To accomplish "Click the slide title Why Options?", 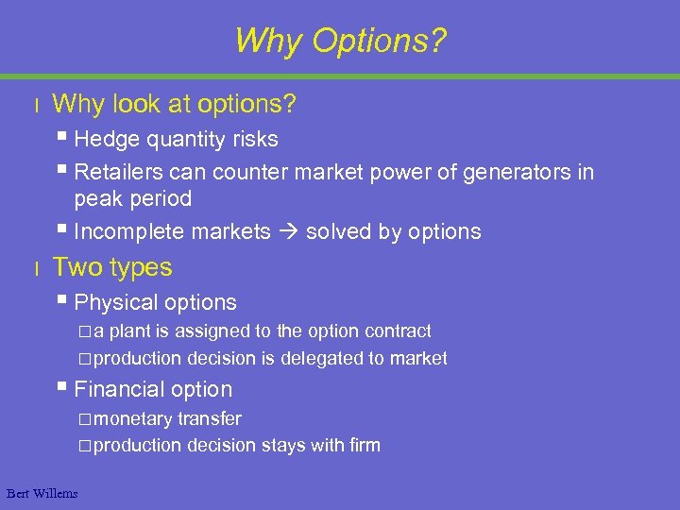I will (340, 41).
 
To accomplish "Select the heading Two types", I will (112, 267).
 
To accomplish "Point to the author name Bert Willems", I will (42, 493).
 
